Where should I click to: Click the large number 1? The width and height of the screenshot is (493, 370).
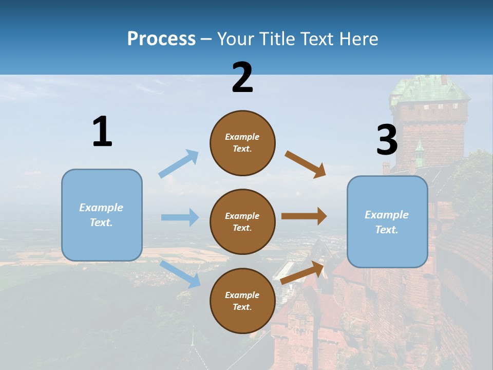click(102, 132)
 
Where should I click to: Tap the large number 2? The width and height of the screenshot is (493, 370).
click(242, 78)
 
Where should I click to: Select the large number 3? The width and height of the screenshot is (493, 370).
click(387, 140)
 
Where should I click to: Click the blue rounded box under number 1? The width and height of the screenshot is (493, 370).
click(102, 215)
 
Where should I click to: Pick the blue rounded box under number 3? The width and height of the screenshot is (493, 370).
click(387, 221)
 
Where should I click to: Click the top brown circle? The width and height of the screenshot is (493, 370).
click(242, 143)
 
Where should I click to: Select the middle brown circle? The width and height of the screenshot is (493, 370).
click(242, 221)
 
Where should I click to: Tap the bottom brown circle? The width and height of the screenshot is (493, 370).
click(242, 301)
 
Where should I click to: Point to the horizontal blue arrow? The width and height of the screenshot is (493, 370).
click(180, 217)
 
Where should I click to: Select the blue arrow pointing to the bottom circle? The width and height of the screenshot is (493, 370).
click(180, 274)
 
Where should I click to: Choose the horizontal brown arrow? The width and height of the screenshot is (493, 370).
click(304, 216)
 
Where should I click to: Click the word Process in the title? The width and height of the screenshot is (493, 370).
click(161, 39)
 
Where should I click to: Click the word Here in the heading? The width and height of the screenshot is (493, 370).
click(358, 39)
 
